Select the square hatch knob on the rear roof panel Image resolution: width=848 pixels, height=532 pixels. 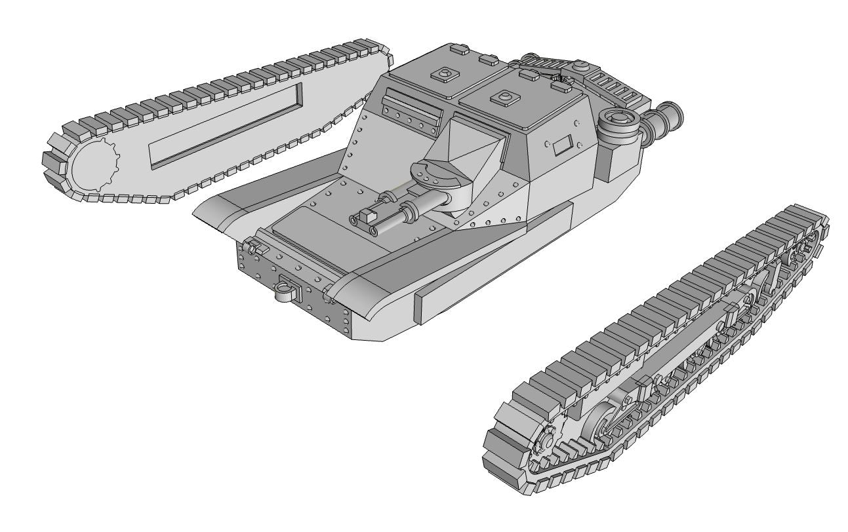445,74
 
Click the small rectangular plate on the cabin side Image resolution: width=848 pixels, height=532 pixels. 562,146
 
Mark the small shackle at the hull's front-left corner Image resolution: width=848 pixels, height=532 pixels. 253,248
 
